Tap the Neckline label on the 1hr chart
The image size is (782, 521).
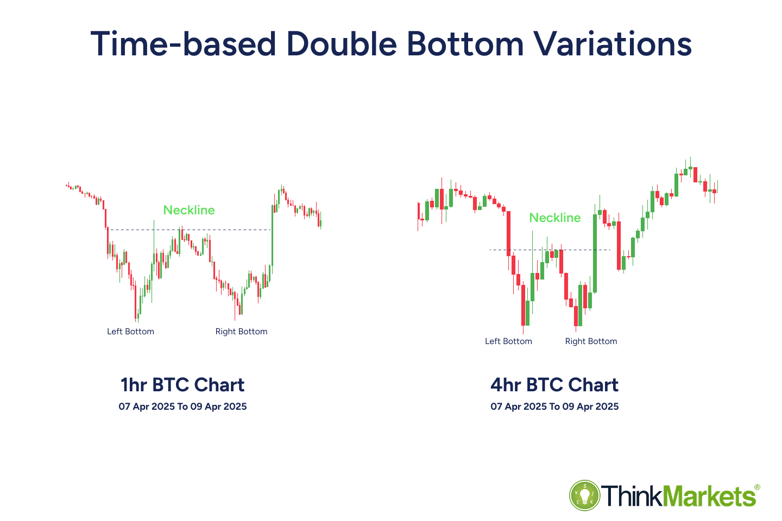pos(189,210)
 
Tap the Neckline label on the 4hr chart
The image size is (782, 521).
pos(555,218)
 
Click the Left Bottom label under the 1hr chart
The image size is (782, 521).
pos(130,332)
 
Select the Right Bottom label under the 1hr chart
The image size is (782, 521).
pos(241,332)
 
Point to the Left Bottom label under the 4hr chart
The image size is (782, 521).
pos(508,341)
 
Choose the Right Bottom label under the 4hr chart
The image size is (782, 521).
pos(591,341)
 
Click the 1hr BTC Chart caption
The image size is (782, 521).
pos(182,385)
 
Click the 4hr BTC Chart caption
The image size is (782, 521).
pos(554,385)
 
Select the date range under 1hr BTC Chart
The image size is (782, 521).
pos(182,406)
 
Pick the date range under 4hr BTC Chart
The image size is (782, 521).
pos(554,406)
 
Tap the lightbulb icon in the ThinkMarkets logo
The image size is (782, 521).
pos(584,495)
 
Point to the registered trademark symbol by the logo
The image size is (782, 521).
pos(757,487)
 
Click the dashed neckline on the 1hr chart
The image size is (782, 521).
pos(136,230)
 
